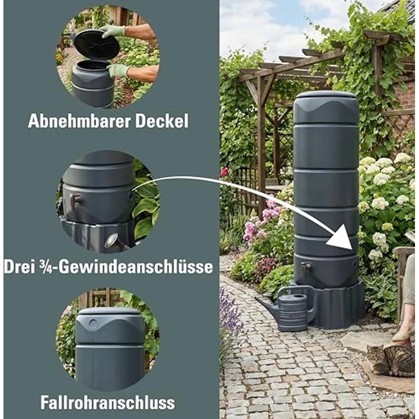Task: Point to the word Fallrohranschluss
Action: coord(108,402)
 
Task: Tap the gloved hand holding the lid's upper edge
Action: coord(113,31)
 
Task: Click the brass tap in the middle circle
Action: coord(74,200)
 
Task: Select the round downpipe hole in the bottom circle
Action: coord(93,322)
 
